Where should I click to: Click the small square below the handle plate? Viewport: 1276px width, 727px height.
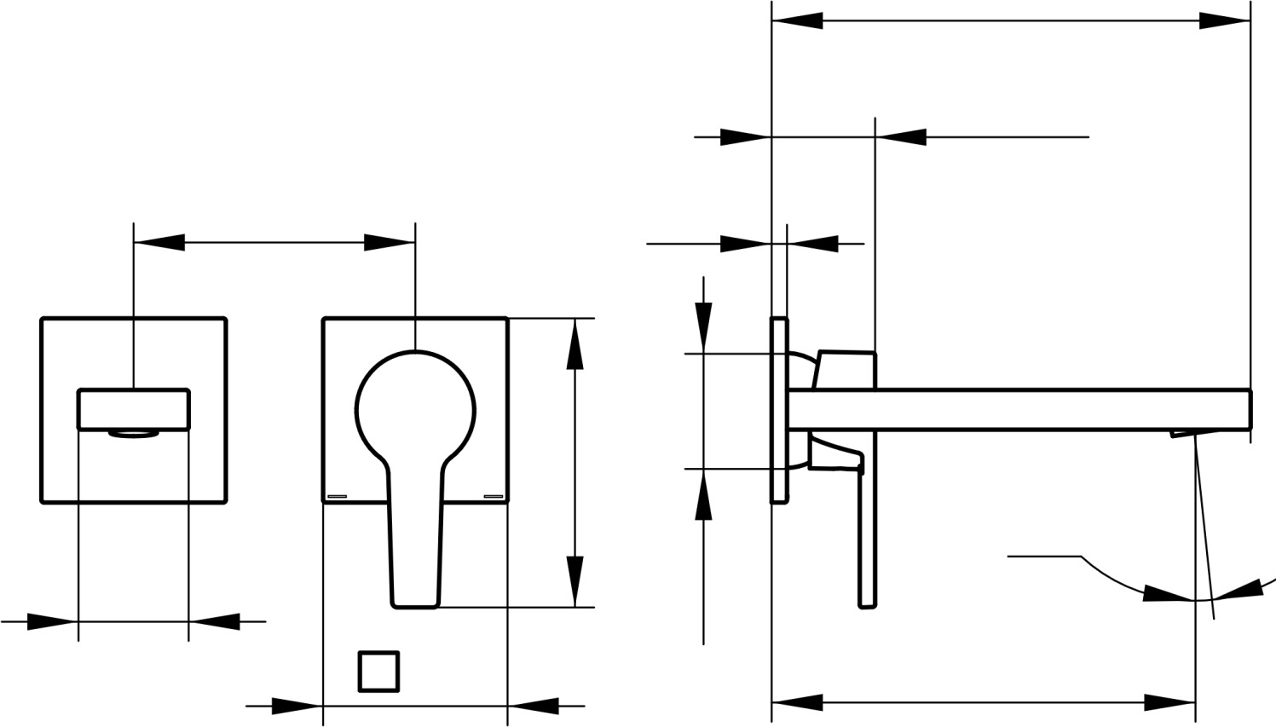(x=378, y=672)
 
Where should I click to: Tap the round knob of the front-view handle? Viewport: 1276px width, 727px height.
(x=415, y=407)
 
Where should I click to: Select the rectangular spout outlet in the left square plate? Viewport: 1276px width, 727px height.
(x=133, y=409)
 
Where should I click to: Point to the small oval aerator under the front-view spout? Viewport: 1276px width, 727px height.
(x=134, y=434)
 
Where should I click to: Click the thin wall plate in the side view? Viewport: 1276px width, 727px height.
(x=779, y=410)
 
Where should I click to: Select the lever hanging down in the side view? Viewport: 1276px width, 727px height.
(x=867, y=537)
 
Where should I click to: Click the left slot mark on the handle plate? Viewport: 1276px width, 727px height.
(x=337, y=496)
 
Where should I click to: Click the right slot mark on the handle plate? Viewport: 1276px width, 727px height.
(x=494, y=496)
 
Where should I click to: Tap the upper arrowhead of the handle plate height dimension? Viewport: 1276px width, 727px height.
(x=575, y=344)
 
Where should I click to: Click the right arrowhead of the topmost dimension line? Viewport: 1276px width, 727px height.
(x=1224, y=20)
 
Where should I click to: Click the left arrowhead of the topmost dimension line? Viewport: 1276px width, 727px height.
(x=797, y=20)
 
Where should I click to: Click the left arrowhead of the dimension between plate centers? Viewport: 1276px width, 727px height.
(x=159, y=243)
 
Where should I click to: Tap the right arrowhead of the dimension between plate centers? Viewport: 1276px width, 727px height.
(x=390, y=243)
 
